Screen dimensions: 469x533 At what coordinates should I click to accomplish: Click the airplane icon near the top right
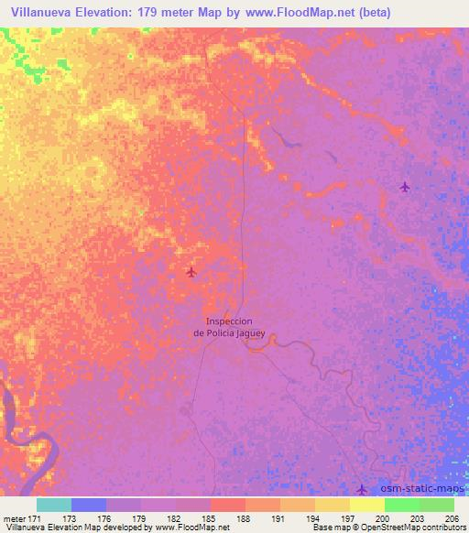click(405, 187)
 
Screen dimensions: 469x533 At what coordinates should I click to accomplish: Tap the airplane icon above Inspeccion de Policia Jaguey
click(191, 271)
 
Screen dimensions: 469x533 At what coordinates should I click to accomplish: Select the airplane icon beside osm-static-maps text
click(362, 489)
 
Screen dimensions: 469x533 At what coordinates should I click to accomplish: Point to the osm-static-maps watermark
click(418, 490)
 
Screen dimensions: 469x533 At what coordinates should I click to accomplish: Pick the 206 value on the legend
click(449, 518)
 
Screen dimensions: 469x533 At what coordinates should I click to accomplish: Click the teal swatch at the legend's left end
click(54, 505)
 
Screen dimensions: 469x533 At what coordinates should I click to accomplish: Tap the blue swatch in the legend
click(89, 505)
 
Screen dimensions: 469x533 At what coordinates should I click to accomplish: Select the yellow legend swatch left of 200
click(366, 505)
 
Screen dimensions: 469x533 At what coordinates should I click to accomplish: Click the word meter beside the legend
click(12, 518)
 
